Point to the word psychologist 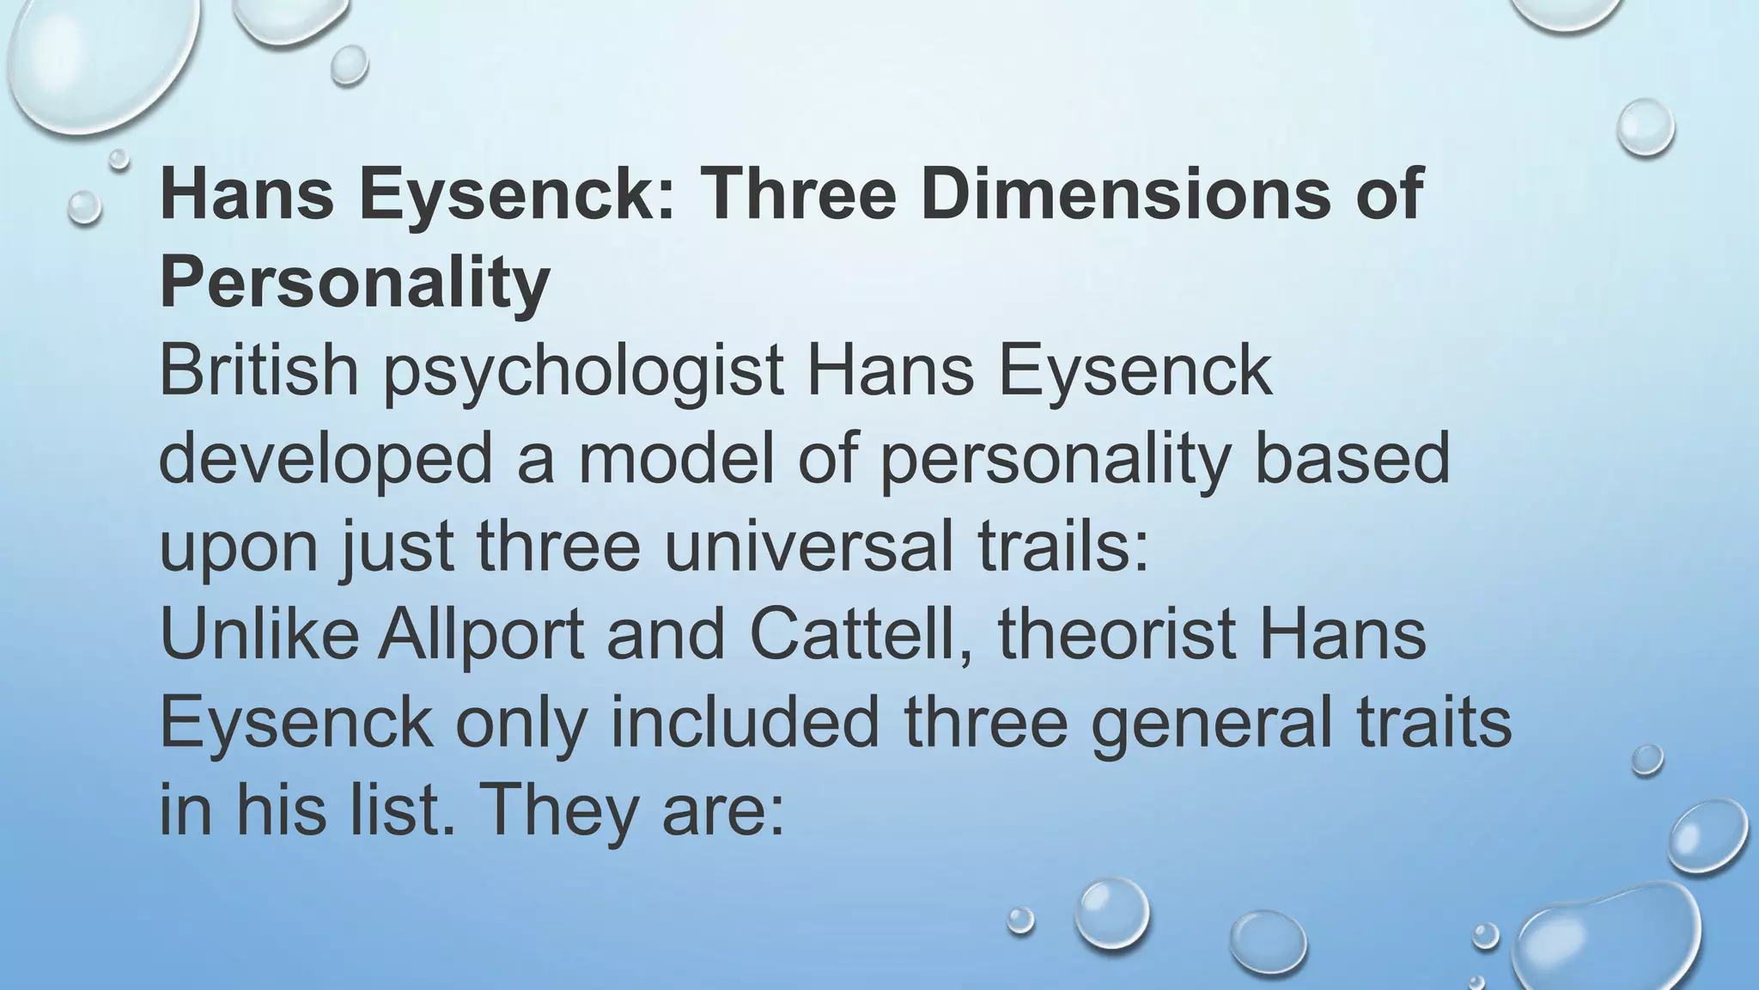coord(583,372)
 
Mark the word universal coord(808,547)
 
